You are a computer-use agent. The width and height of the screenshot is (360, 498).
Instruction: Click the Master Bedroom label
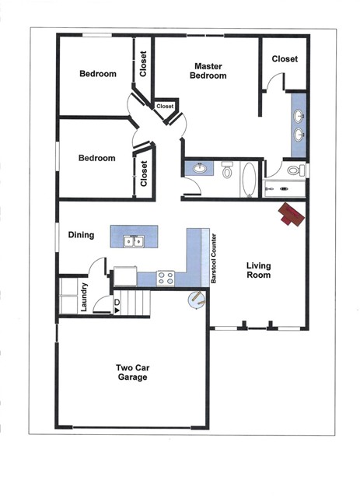coord(208,71)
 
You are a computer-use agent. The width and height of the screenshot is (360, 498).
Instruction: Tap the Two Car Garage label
coord(132,372)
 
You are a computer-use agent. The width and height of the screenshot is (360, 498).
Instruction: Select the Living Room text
coord(259,270)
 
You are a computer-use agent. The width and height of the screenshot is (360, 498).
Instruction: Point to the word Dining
coord(82,235)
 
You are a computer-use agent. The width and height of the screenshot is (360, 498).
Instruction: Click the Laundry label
coord(84,297)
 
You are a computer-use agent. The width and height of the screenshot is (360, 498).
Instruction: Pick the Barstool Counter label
coord(214,258)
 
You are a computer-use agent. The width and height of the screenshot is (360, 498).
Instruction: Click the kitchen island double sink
coord(134,241)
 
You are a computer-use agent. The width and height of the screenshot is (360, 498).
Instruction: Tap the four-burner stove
coord(166,279)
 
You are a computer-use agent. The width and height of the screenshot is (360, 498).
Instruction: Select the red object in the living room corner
coord(291,215)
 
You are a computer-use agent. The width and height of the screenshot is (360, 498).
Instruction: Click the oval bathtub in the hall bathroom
coord(250,180)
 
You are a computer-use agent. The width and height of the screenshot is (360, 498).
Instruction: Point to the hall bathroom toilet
coord(227,170)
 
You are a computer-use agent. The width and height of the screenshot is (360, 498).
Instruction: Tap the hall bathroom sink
coord(200,168)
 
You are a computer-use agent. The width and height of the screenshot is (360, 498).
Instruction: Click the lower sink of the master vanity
coord(299,135)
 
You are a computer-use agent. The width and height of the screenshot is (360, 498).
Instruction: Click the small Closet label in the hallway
coord(165,106)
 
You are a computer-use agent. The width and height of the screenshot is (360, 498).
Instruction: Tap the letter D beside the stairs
coord(117,302)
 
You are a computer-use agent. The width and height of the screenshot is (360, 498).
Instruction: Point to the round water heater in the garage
coord(197,300)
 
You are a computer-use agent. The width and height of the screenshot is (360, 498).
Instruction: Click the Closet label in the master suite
coord(285,59)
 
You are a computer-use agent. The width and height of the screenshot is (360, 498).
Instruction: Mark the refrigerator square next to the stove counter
coord(125,276)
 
